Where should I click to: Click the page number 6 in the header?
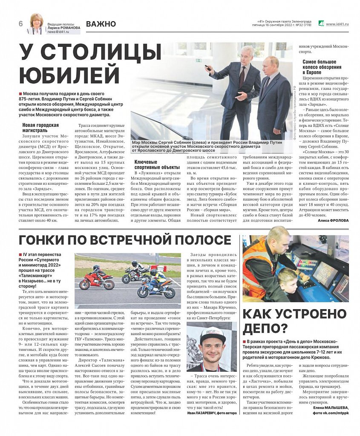coord(20,24)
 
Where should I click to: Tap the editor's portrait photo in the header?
coord(36,23)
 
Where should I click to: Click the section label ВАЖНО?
coord(101,24)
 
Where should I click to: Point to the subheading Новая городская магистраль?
coord(40,127)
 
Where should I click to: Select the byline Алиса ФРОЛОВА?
coord(333,220)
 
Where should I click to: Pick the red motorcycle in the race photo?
coord(96,281)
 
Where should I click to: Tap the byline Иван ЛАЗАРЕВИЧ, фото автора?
coord(211,413)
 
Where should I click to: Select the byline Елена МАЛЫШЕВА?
coord(331,407)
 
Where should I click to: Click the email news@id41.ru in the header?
coord(58,32)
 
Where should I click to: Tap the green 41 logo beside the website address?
coord(321,24)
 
